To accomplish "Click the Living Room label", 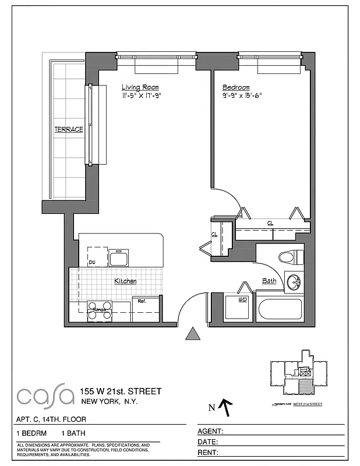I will tap(140, 87).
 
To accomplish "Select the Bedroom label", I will tap(236, 87).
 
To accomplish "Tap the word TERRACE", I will tap(69, 129).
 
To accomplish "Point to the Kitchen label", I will tap(125, 281).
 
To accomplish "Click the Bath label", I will tap(269, 281).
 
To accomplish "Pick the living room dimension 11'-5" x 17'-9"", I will tap(140, 96).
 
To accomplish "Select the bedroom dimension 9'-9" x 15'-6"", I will tap(242, 96).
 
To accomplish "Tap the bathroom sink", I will tap(294, 283).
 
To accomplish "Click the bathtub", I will tap(280, 309).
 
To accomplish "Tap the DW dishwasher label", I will tap(91, 263).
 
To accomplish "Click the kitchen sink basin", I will tap(119, 258).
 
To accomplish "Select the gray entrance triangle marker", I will tap(192, 334).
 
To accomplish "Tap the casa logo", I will tap(45, 396).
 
